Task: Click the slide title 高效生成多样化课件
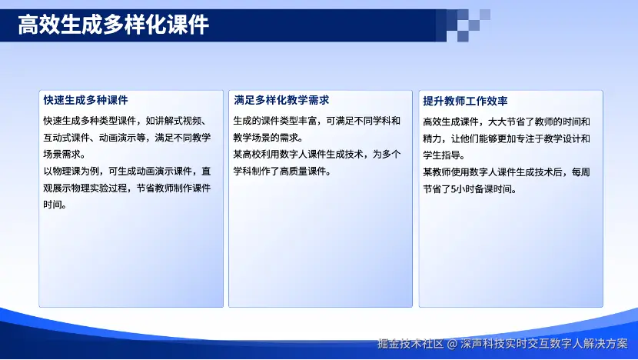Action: point(114,25)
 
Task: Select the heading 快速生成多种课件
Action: point(86,100)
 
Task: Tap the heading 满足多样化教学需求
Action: point(281,100)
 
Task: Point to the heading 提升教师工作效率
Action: point(465,101)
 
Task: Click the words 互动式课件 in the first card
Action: point(66,138)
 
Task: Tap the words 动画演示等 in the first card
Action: point(122,138)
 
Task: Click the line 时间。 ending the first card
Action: point(55,205)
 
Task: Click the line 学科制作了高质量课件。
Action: point(282,171)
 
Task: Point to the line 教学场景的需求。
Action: point(268,138)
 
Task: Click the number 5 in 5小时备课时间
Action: point(454,189)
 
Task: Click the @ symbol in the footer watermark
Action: point(452,344)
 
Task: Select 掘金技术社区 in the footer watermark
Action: point(410,344)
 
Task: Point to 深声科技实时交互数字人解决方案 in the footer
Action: point(544,344)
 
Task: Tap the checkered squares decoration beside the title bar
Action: point(463,25)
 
